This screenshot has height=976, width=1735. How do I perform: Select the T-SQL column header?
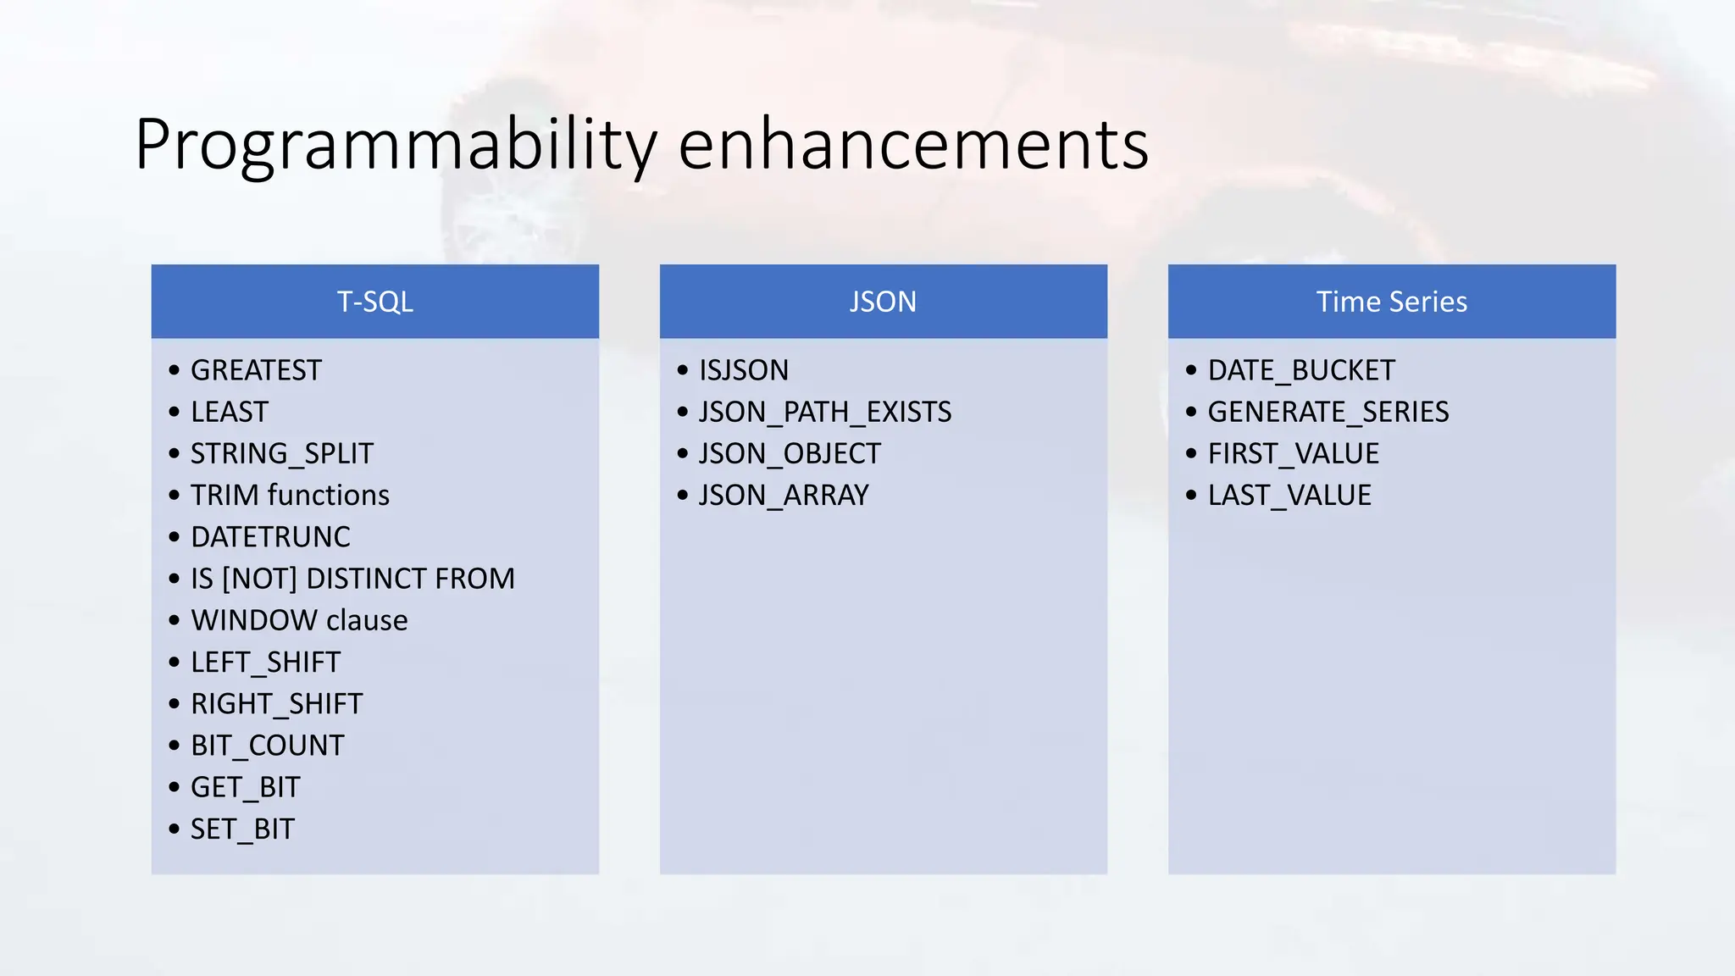coord(374,302)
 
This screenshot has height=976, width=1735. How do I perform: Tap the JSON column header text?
coord(883,302)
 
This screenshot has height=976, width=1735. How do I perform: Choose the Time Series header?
coord(1391,302)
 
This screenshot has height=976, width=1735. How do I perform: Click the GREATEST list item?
coord(256,370)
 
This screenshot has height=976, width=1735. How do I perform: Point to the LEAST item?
coord(229,412)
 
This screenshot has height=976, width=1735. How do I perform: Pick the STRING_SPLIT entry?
coord(281,453)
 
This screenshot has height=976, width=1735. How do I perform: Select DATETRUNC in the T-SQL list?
coord(270,537)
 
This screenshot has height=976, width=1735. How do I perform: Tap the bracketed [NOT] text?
coord(259,579)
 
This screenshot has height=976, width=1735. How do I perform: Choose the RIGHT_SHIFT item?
coord(276,704)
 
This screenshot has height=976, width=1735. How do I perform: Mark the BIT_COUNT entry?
coord(267,746)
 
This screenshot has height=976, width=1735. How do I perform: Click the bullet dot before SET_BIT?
coord(175,829)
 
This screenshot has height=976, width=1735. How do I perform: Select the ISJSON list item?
coord(743,370)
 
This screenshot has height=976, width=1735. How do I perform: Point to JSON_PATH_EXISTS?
coord(824,412)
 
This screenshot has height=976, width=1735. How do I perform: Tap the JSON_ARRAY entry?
coord(784,495)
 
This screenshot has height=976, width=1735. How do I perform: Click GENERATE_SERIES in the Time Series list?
coord(1328,412)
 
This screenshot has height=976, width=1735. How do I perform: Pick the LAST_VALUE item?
coord(1289,495)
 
